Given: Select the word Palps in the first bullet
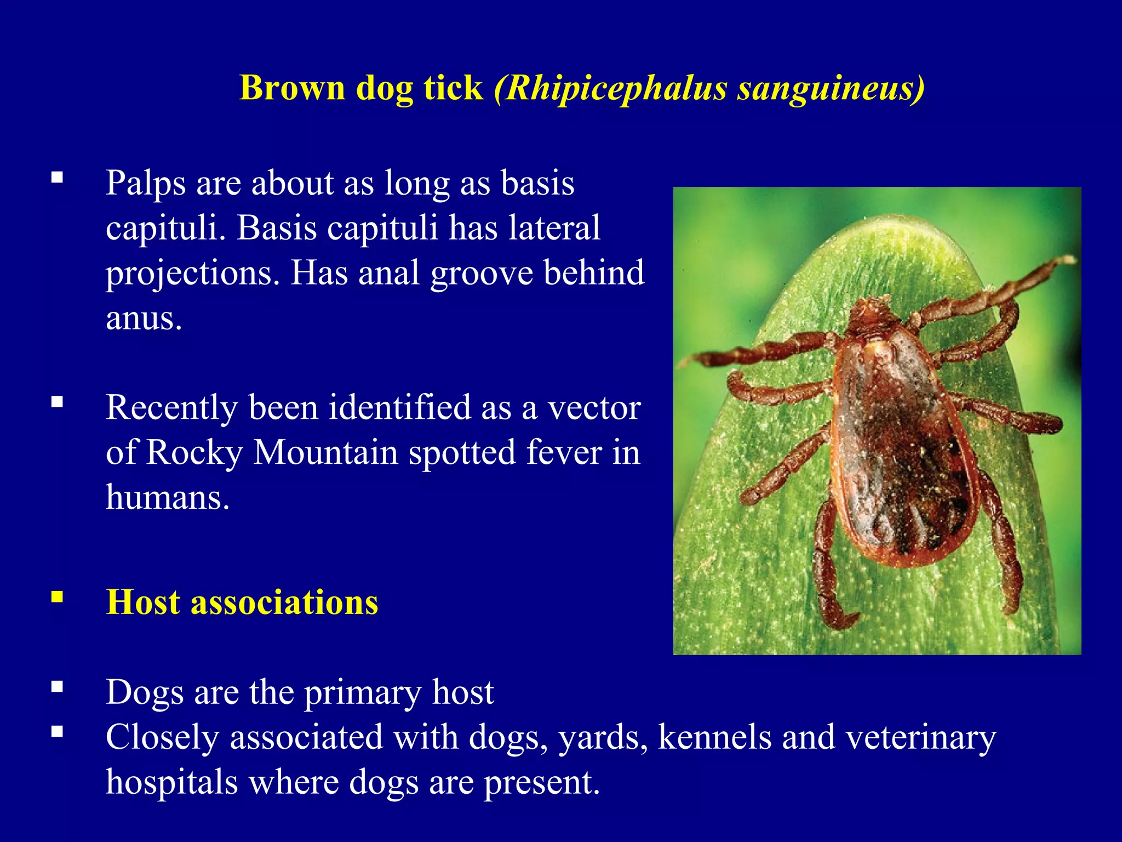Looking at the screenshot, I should click(x=145, y=184).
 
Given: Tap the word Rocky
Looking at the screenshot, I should click(x=194, y=453).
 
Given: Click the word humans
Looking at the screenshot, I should click(x=167, y=498).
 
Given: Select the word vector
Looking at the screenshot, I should click(x=594, y=408).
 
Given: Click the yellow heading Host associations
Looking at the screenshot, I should click(x=242, y=602).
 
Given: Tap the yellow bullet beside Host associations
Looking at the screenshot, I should click(x=57, y=596).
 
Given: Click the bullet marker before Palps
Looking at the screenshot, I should click(x=57, y=177).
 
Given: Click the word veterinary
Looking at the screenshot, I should click(x=920, y=737).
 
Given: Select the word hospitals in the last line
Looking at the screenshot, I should click(x=171, y=782).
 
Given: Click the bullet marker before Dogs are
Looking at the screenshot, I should click(x=57, y=686).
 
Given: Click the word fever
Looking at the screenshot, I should click(x=563, y=453).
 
